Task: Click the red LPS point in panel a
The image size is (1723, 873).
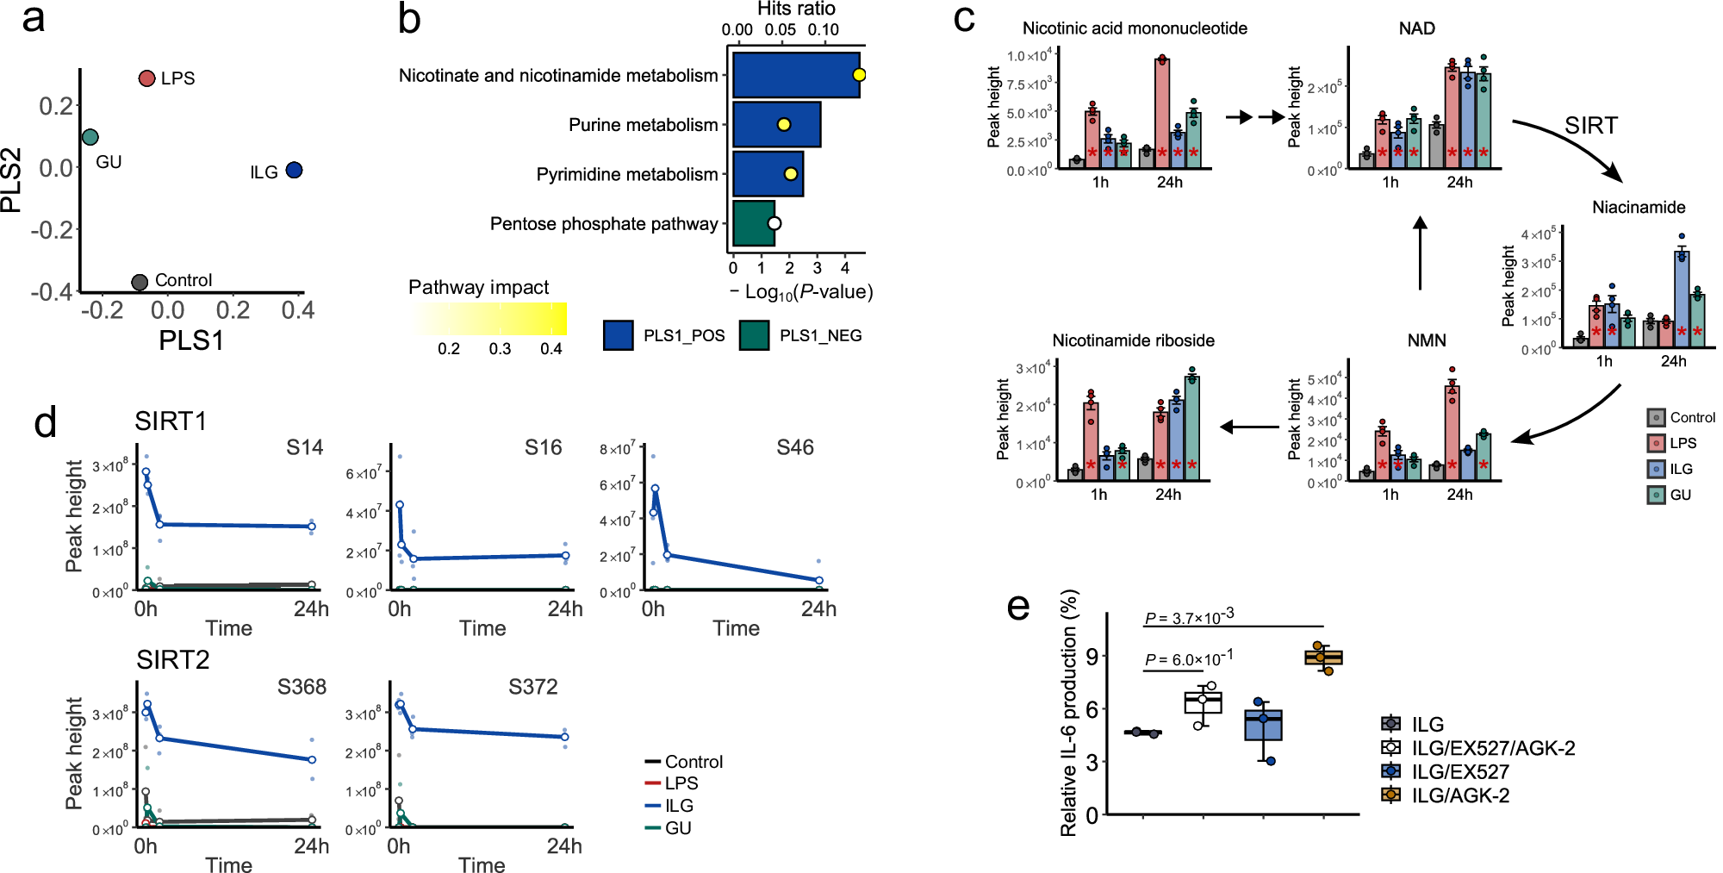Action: pos(146,78)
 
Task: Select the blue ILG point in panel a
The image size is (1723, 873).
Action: pos(294,171)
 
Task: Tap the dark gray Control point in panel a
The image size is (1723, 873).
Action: pos(140,282)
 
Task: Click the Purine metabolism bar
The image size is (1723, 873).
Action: pos(775,125)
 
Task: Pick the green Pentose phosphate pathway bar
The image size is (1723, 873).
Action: pos(753,224)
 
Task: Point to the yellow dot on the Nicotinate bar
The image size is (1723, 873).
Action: pos(859,75)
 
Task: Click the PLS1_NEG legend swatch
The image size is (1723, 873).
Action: pos(755,335)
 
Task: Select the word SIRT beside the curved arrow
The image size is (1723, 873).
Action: pos(1590,126)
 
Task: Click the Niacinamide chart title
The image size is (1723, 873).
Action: pos(1638,207)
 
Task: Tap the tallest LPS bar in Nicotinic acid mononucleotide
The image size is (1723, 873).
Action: pos(1161,112)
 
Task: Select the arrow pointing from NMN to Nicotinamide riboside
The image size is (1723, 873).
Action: pos(1249,427)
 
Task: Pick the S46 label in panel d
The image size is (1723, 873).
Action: pos(794,447)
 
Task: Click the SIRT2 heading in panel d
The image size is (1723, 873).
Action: pos(172,660)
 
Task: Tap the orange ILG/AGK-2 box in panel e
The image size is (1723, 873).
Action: pos(1323,658)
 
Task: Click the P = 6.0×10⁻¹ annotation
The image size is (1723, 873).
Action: pos(1188,659)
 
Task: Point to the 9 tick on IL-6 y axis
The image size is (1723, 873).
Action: pos(1092,657)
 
